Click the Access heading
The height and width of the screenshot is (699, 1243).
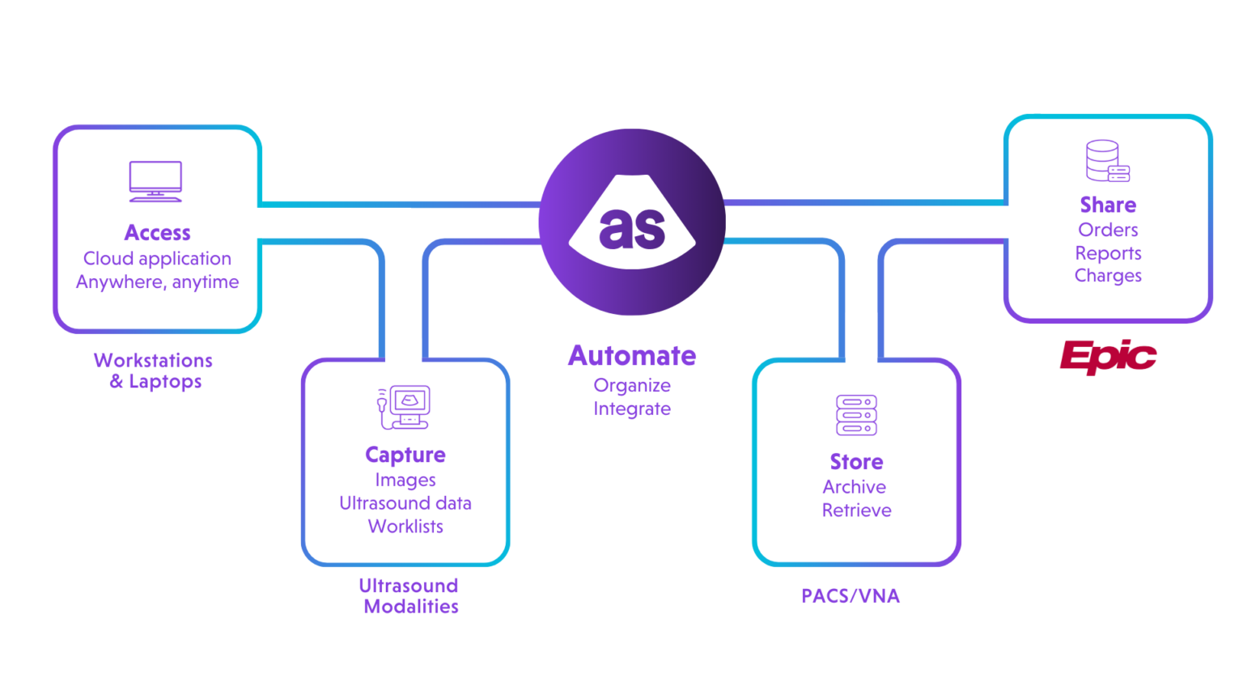(x=157, y=233)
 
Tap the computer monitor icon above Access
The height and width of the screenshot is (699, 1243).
(x=155, y=181)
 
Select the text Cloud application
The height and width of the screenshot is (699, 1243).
(x=157, y=259)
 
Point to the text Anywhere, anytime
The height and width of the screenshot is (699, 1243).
(x=157, y=282)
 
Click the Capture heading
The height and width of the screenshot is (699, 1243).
(x=405, y=455)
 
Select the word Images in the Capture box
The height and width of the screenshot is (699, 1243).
(x=405, y=481)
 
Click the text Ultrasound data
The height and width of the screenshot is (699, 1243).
(x=405, y=503)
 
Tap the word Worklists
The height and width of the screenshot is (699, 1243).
(x=405, y=527)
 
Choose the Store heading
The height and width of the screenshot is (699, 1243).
(x=856, y=462)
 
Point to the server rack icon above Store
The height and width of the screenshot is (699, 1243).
(x=856, y=415)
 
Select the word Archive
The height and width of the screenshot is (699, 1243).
(x=855, y=487)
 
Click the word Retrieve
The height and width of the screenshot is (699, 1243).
(x=856, y=510)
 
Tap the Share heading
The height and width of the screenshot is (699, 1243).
(x=1108, y=205)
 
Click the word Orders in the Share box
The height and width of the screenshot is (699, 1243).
(x=1108, y=230)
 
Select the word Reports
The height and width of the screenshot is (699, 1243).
(x=1108, y=253)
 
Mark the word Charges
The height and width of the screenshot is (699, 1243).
(x=1108, y=276)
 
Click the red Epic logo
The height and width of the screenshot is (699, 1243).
(x=1106, y=356)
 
